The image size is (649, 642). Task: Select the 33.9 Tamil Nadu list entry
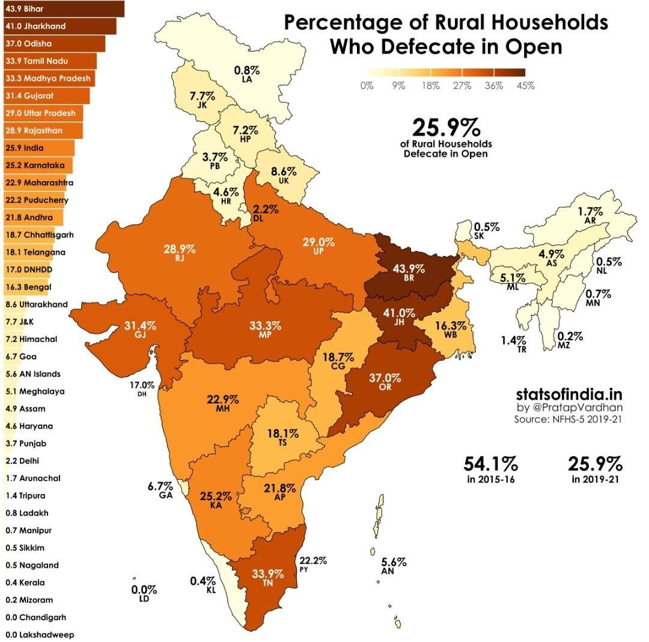48,61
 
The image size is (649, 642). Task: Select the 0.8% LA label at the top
246,73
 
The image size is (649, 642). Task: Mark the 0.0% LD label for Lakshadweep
144,593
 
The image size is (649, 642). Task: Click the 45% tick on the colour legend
525,86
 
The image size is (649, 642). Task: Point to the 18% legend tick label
430,86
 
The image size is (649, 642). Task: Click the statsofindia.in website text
568,394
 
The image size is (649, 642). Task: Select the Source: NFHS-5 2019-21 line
567,419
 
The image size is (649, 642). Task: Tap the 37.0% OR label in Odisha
385,382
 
